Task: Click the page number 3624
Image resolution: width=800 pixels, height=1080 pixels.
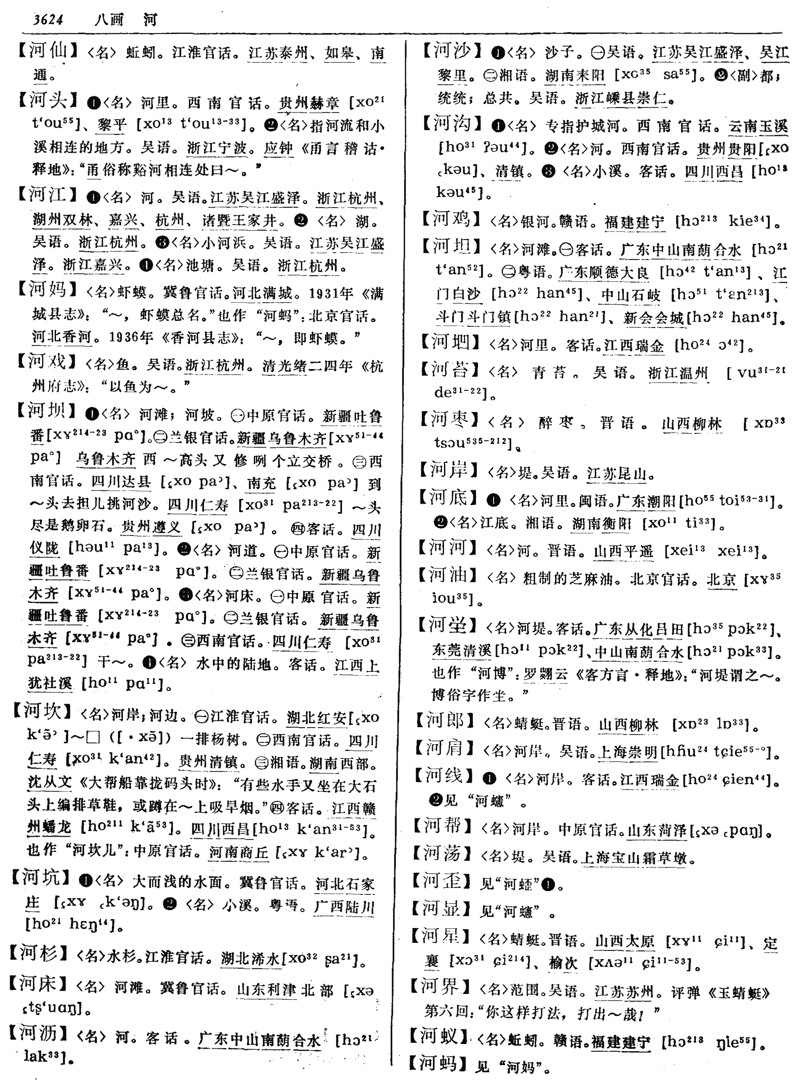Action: tap(48, 19)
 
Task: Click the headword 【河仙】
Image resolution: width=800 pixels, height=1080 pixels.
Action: tap(48, 51)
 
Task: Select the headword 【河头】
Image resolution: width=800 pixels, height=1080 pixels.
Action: tap(48, 100)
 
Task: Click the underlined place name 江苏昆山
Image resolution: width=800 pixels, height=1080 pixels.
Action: tap(617, 473)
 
